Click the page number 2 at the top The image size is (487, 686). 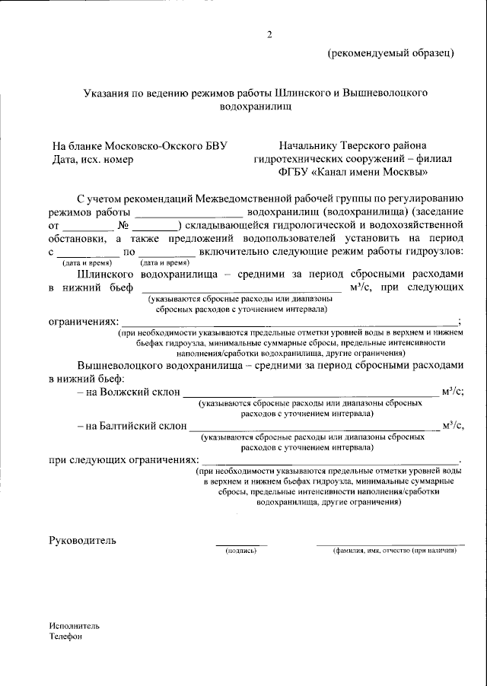[x=269, y=34]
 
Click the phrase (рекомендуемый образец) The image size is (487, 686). [x=391, y=53]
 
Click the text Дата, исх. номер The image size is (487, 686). [x=93, y=160]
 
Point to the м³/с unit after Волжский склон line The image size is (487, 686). [x=452, y=392]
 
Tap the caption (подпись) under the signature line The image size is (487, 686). [x=241, y=551]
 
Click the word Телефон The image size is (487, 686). [x=65, y=637]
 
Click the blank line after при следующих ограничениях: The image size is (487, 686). [x=333, y=462]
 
